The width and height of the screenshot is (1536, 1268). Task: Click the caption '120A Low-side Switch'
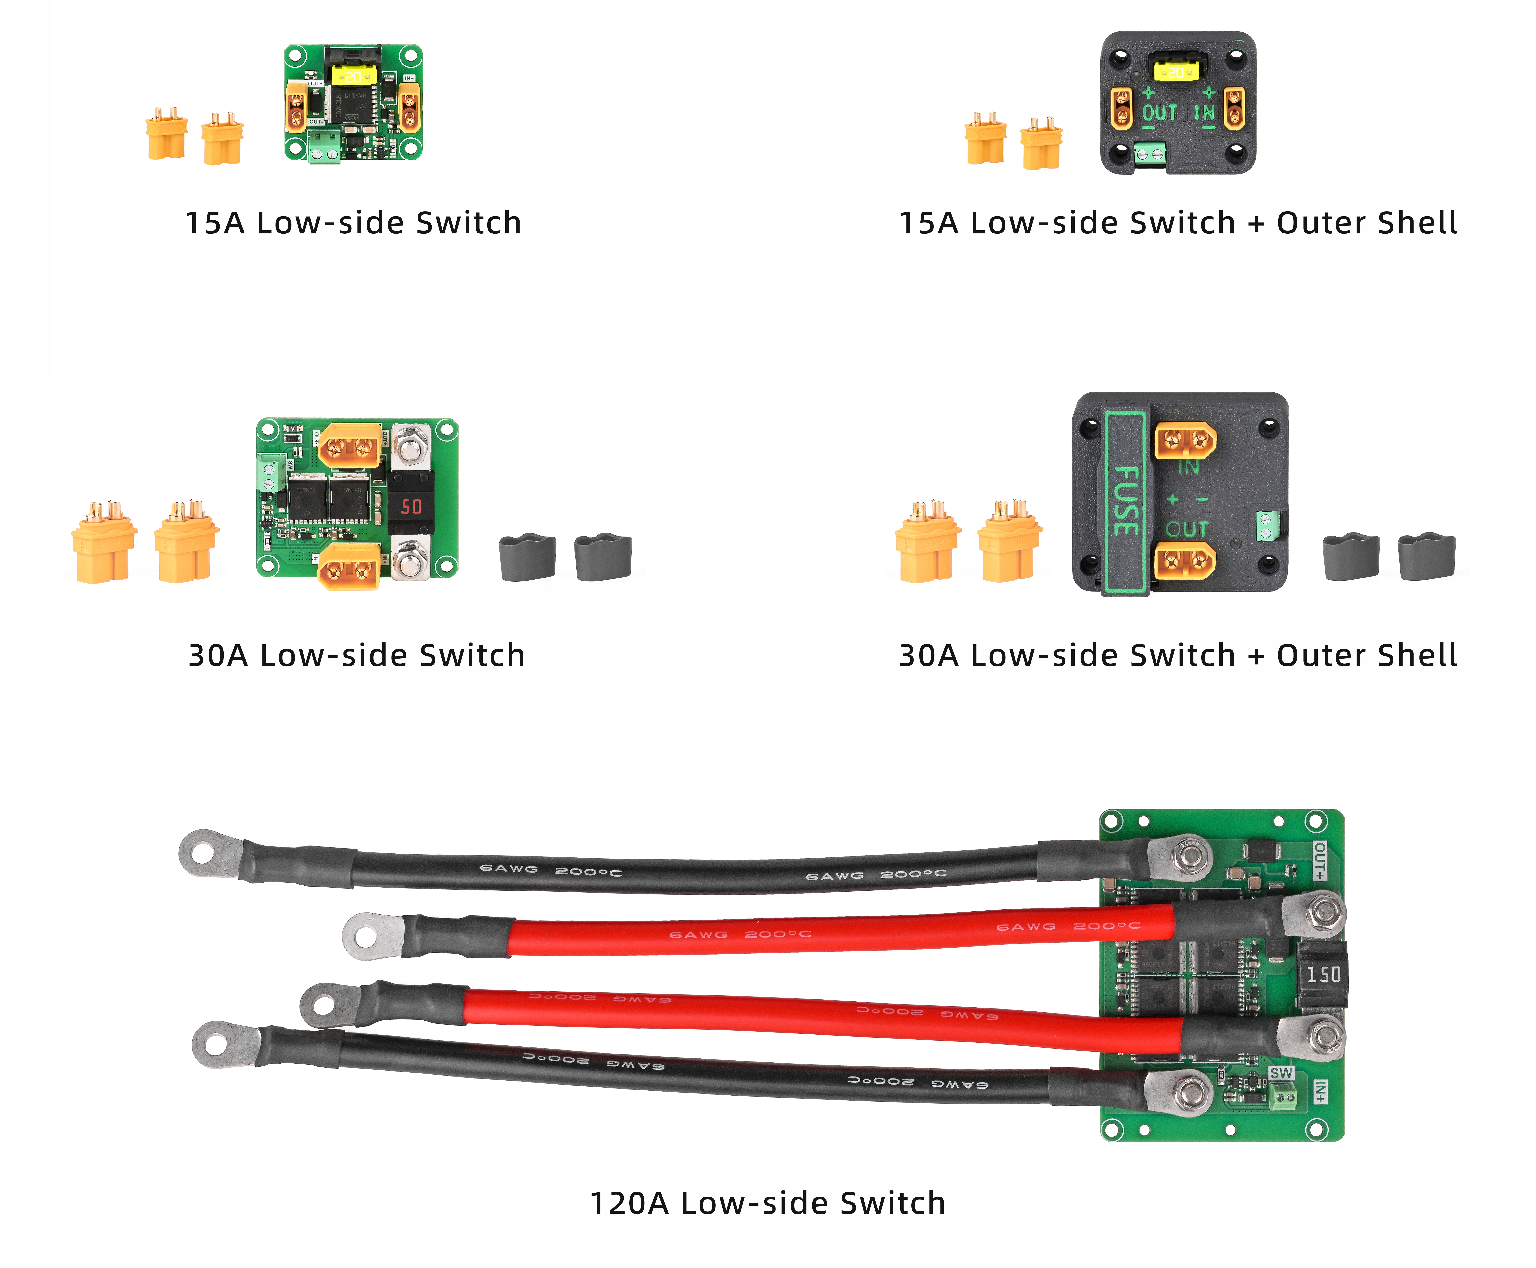tap(767, 1203)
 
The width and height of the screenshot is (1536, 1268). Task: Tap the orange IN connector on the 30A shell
tap(1184, 441)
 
